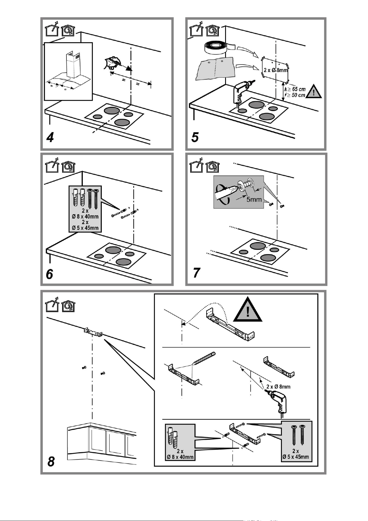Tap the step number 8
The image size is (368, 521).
pos(51,462)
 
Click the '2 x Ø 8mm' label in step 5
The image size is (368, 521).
pos(275,70)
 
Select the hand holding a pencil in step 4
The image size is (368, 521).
pos(111,63)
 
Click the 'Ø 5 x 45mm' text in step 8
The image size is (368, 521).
pos(296,457)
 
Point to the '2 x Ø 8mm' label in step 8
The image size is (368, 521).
pos(279,387)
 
